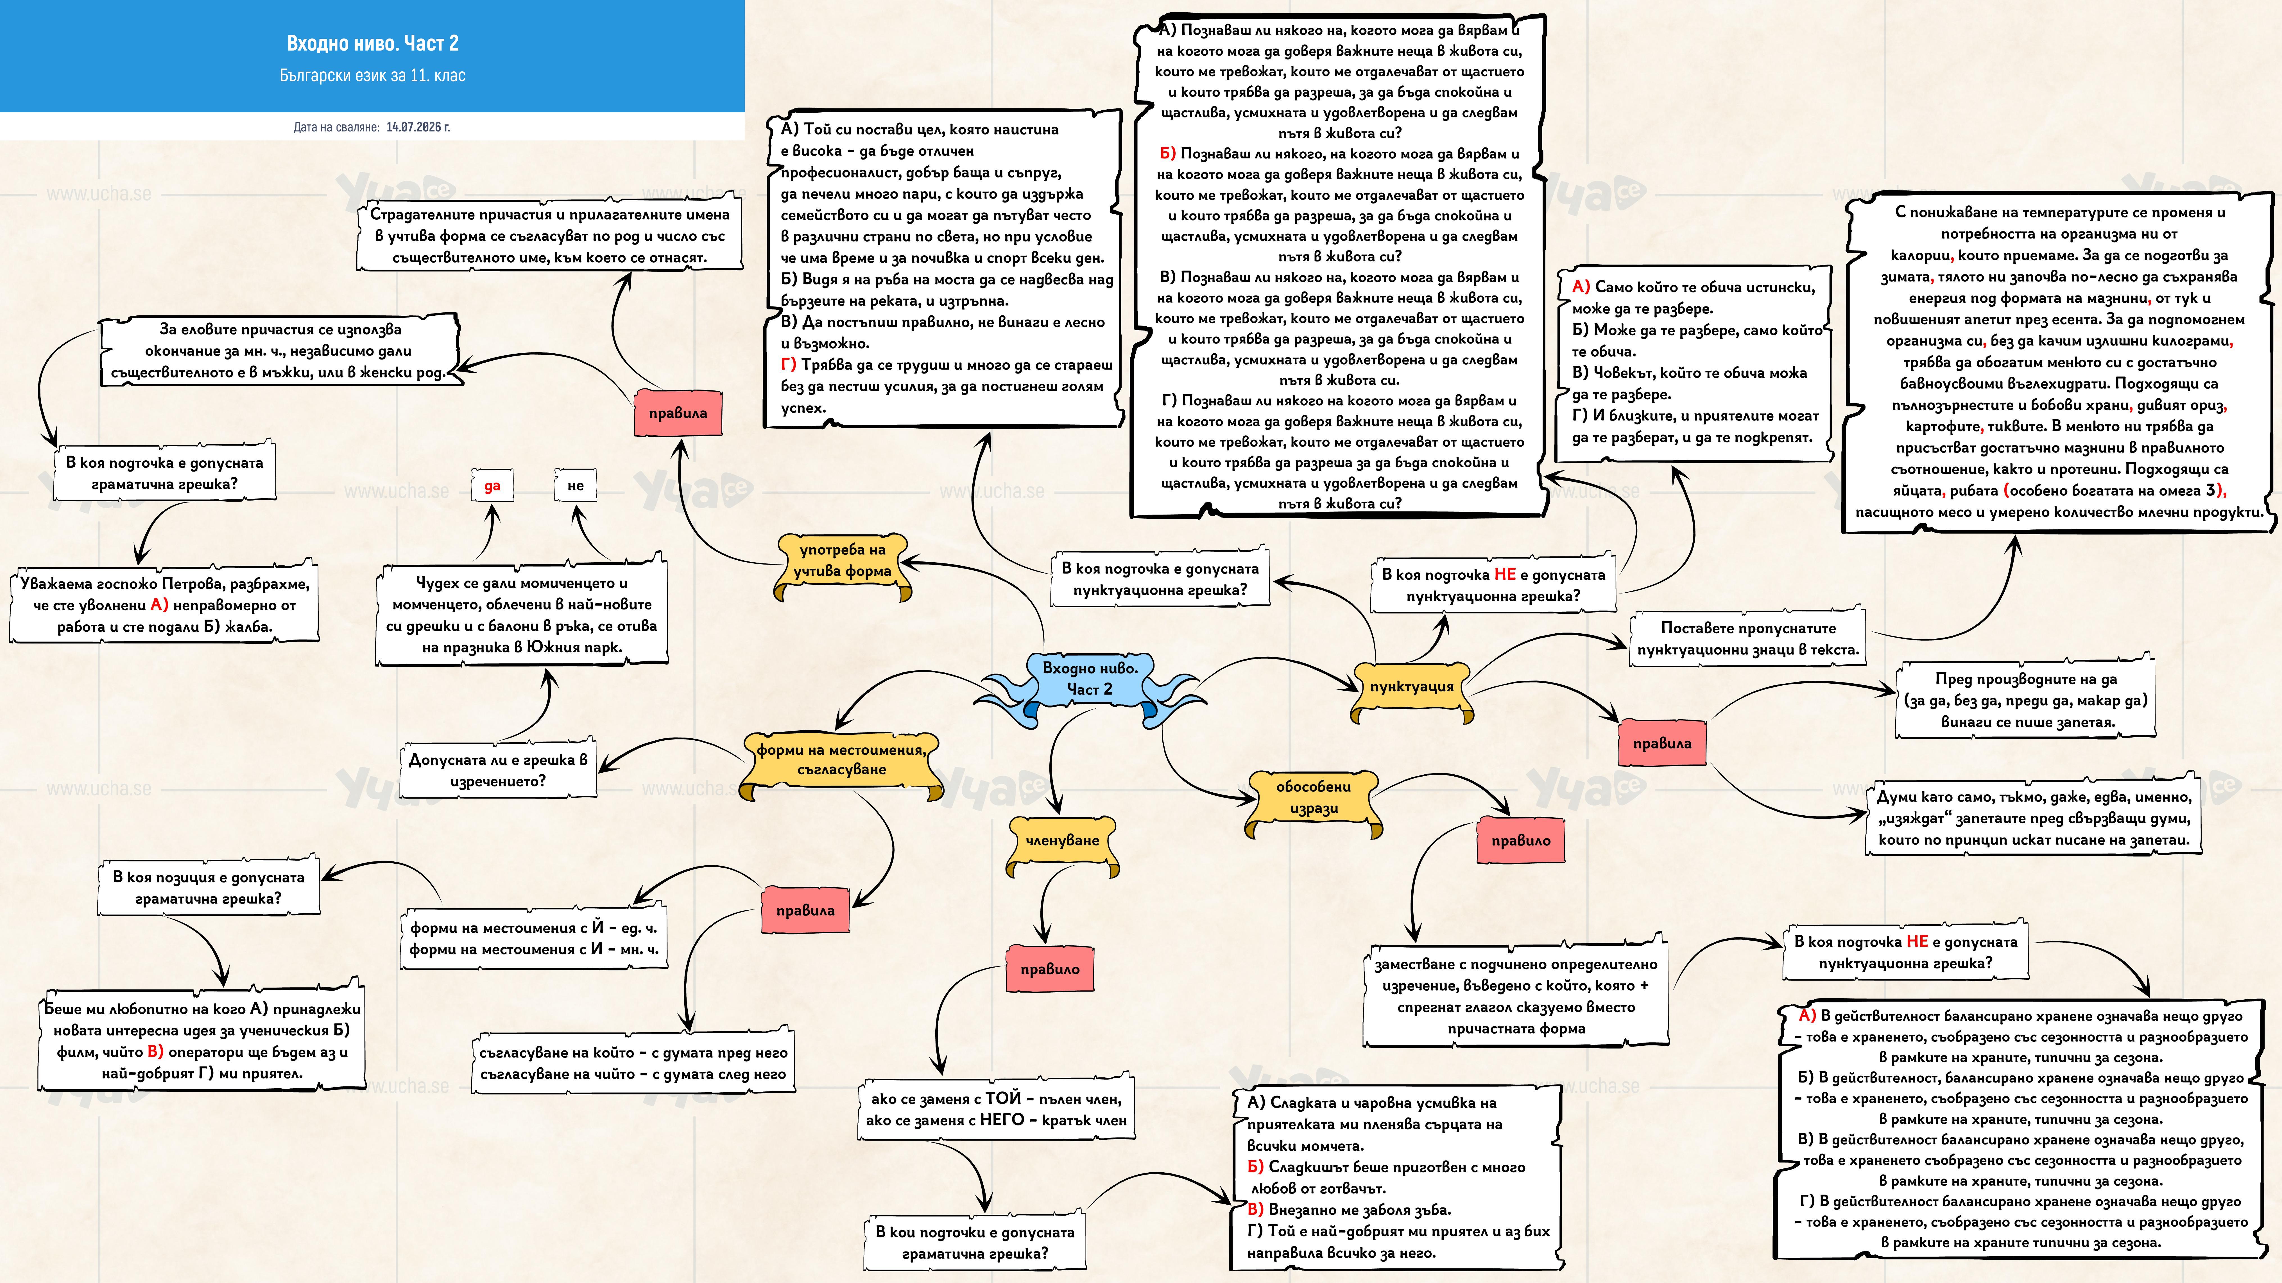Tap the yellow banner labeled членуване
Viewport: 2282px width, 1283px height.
(1062, 841)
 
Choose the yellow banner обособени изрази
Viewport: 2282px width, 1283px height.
(1314, 799)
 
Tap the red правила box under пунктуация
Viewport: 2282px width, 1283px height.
(1662, 744)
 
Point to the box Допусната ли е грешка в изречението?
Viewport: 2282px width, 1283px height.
(498, 770)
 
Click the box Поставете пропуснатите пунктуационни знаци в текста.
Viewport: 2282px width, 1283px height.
(1748, 638)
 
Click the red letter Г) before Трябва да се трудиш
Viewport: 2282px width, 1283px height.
(788, 365)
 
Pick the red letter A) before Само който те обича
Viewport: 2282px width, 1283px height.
(1581, 287)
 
